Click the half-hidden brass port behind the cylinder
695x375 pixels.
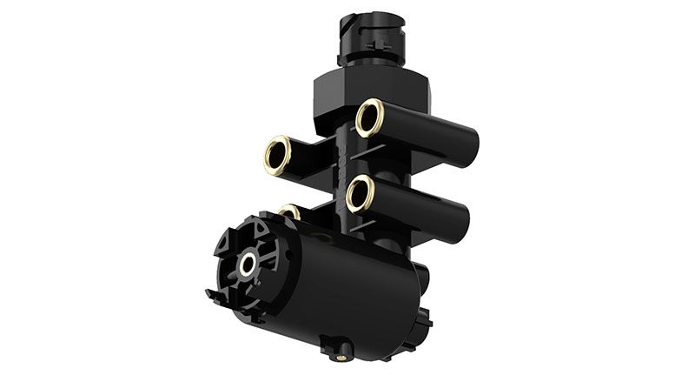coord(290,211)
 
